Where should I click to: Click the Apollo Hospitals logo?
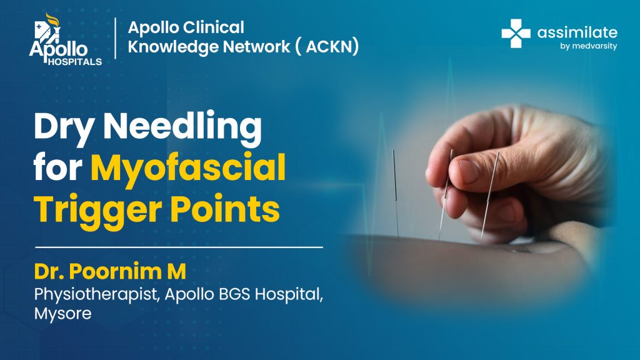coord(65,39)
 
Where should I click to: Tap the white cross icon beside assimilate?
coord(516,34)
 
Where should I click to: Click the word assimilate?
coord(577,32)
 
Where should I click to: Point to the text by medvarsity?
coord(589,46)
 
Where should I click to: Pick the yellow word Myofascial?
coord(188,169)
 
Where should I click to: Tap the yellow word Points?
coord(225,209)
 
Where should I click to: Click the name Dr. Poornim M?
coord(110,271)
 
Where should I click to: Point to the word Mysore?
coord(63,314)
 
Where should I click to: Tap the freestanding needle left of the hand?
coord(396,194)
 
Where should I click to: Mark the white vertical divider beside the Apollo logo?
coord(116,38)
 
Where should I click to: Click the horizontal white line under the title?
coord(179,247)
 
